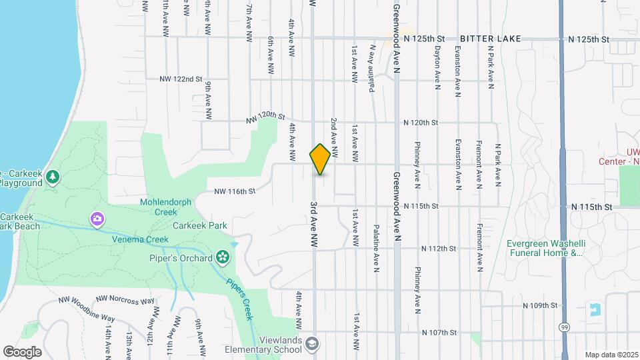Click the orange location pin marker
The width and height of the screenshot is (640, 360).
point(320,159)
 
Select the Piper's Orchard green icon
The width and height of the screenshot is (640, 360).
point(223,257)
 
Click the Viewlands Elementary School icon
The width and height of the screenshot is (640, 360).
point(313,344)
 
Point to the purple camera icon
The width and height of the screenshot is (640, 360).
point(97,219)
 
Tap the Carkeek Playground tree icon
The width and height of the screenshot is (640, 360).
point(53,177)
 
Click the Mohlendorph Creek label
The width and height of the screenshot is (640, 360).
point(159,207)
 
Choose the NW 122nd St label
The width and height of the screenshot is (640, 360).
point(181,79)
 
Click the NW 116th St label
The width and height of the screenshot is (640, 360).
point(235,191)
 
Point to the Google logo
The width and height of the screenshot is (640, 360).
point(22,351)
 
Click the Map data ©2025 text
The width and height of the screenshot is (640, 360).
point(611,355)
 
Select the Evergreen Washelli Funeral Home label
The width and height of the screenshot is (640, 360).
point(545,248)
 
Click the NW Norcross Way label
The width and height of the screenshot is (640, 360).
point(125,300)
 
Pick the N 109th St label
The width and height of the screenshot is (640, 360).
point(539,305)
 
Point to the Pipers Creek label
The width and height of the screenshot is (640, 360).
point(239,299)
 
